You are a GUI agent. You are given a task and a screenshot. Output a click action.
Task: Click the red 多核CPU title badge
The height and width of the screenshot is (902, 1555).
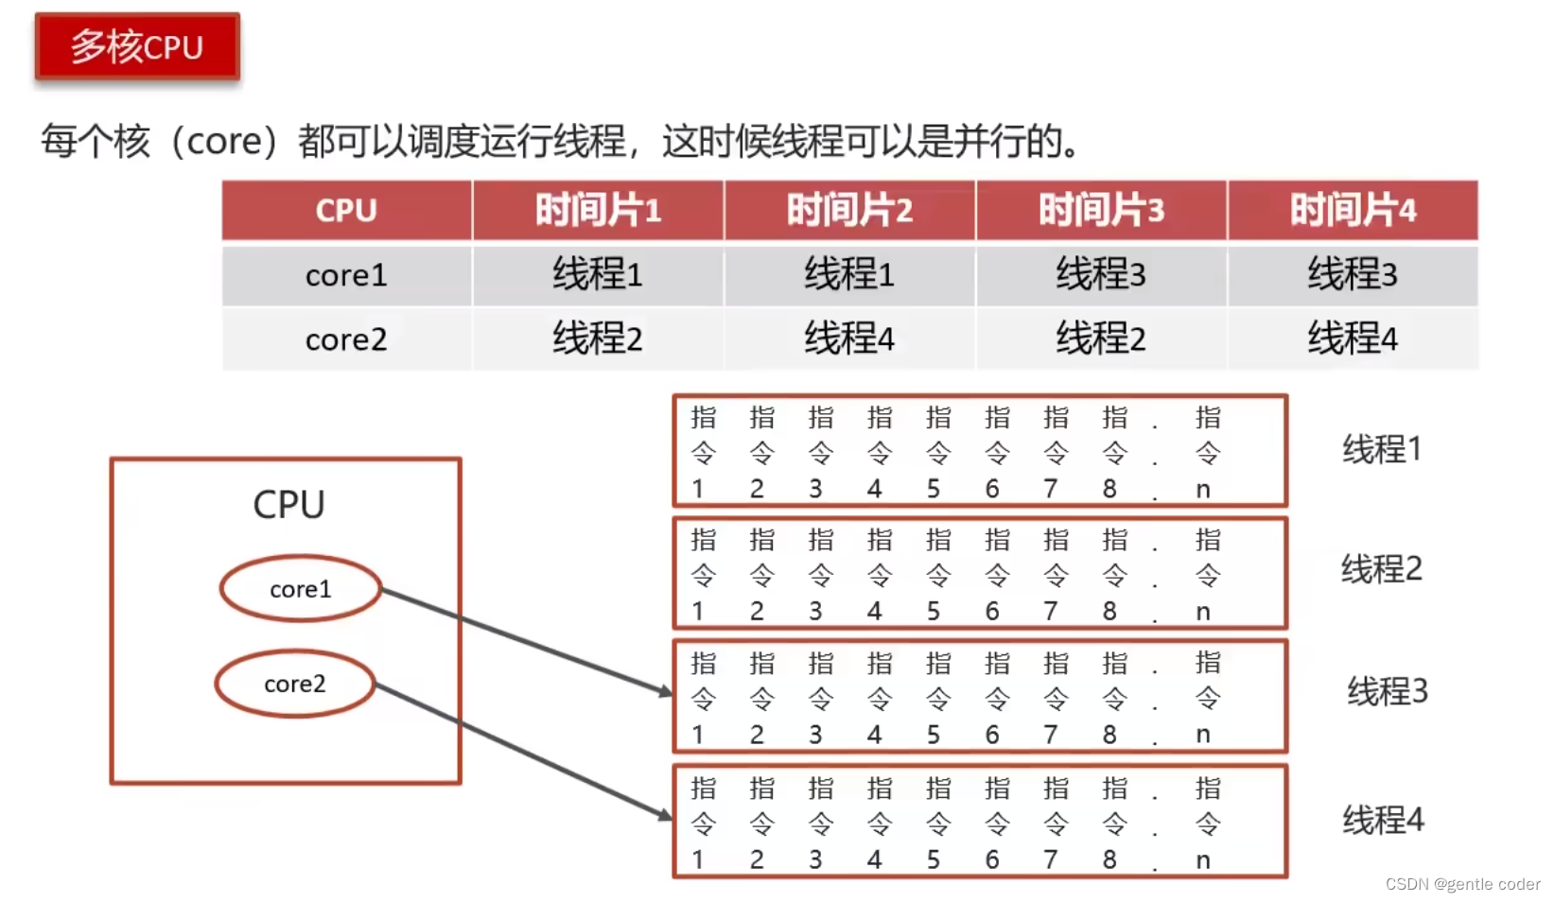click(x=137, y=46)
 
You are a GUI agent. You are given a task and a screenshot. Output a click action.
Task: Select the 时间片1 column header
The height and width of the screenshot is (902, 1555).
click(x=598, y=210)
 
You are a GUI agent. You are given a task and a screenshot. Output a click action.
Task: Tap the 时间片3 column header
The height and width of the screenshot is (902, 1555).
click(x=1101, y=210)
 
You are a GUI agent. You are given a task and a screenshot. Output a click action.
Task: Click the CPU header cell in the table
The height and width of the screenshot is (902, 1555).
click(x=346, y=210)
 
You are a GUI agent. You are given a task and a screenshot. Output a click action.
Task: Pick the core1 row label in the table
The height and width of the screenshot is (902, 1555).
click(x=346, y=275)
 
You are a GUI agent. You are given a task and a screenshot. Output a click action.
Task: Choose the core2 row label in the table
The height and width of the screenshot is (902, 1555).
click(x=346, y=338)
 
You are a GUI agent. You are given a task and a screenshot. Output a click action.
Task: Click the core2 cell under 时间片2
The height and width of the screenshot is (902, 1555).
click(x=849, y=338)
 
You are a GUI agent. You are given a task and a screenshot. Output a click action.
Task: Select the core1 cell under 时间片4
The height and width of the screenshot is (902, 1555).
click(x=1353, y=275)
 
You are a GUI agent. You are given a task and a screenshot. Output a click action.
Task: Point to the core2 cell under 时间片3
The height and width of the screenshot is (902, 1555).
click(x=1101, y=338)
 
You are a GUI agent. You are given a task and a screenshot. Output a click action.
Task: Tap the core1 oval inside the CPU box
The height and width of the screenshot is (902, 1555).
click(x=301, y=588)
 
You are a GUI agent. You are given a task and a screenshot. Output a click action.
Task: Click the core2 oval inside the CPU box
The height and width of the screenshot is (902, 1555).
click(x=295, y=683)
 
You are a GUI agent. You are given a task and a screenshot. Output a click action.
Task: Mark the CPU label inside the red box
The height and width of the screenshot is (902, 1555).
click(x=288, y=505)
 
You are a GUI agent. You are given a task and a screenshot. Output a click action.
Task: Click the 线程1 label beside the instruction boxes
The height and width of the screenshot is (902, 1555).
click(x=1382, y=449)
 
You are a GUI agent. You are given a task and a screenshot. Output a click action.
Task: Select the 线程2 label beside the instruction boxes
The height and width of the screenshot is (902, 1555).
click(x=1382, y=569)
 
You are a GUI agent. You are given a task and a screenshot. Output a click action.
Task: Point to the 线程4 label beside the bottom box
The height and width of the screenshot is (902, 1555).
click(x=1383, y=820)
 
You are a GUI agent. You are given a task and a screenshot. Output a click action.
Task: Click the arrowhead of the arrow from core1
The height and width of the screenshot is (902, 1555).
click(x=666, y=692)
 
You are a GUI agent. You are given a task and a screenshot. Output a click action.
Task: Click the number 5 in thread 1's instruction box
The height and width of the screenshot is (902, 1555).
click(x=934, y=489)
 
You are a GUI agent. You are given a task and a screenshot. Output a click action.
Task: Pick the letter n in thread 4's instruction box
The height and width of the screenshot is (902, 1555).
click(x=1203, y=860)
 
